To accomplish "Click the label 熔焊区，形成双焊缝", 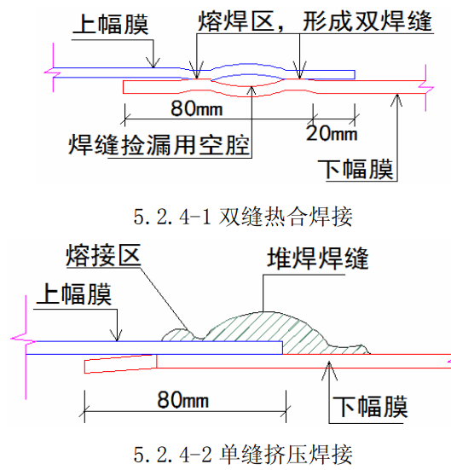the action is tap(315, 21).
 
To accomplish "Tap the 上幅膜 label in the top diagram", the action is tap(111, 24).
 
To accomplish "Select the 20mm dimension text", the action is tap(332, 133).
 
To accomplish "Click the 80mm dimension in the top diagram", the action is tap(197, 108).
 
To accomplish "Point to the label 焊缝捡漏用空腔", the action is tap(159, 145).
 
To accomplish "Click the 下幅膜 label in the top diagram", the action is tap(356, 170).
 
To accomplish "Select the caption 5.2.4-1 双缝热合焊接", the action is tap(243, 217).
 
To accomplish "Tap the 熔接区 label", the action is tap(103, 256).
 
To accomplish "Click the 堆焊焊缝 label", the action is tap(318, 258).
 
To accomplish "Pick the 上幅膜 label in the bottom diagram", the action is tap(74, 294).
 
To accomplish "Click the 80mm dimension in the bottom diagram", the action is tap(183, 400).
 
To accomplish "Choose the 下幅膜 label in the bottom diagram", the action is tap(370, 407).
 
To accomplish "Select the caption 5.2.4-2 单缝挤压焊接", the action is tap(243, 455).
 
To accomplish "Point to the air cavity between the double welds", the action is tap(248, 80).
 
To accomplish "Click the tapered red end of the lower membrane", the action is tap(120, 364).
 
